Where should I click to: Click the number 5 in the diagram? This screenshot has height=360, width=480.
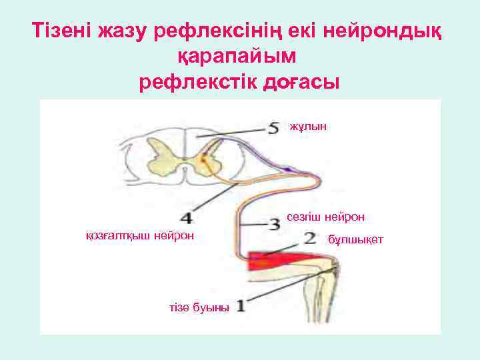pos(273,127)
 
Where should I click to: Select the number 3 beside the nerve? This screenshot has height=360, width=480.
pos(274,225)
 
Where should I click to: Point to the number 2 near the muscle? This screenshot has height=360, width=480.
pos(309,237)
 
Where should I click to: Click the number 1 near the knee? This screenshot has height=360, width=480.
pos(241,307)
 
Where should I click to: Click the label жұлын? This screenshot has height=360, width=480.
pos(308,125)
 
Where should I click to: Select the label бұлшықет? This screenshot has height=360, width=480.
pos(355,239)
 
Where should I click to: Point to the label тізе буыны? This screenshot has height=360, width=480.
pos(199,307)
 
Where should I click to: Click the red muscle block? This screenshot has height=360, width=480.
pos(280,261)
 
